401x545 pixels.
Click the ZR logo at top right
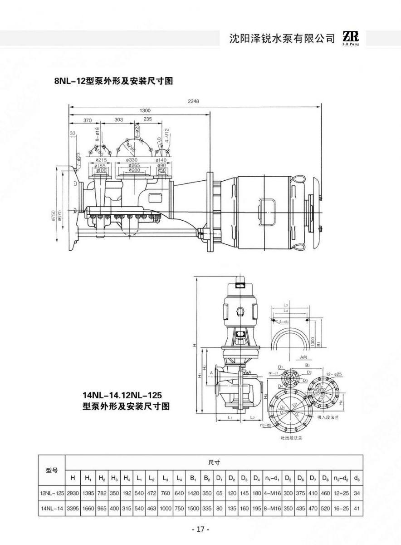click(x=352, y=38)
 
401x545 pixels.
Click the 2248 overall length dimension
click(x=194, y=102)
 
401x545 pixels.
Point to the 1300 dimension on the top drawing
click(x=145, y=110)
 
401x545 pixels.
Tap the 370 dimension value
click(x=88, y=120)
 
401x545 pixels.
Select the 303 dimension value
click(x=118, y=120)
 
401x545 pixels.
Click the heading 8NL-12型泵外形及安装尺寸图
click(x=113, y=81)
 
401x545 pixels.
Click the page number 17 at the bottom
click(x=200, y=529)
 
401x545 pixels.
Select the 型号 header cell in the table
click(x=52, y=470)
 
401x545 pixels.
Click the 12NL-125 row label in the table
click(x=52, y=492)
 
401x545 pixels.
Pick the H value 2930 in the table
click(x=73, y=492)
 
